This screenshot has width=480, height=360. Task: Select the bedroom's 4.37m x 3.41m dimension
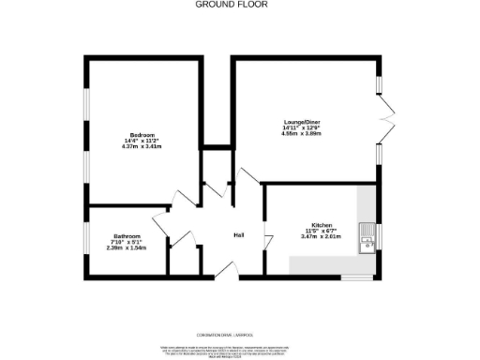[x=142, y=147]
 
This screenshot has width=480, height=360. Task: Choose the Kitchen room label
[x=322, y=225]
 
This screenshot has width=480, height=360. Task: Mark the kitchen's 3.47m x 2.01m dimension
[x=322, y=236]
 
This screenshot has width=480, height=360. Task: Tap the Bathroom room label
[x=127, y=235]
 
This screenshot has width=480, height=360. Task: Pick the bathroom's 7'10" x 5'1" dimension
[x=127, y=241]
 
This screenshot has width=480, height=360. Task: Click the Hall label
[x=239, y=235]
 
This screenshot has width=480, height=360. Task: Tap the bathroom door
[x=159, y=226]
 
